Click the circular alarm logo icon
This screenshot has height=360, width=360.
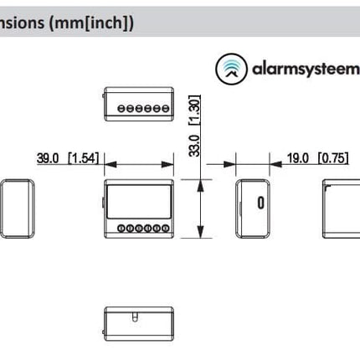pos(232,69)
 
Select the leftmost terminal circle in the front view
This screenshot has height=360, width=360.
pos(121,229)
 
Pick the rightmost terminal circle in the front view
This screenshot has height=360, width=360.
pos(163,229)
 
